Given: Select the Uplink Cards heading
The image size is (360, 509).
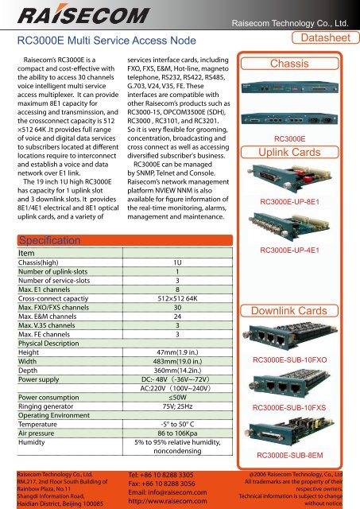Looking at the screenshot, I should click(x=296, y=151).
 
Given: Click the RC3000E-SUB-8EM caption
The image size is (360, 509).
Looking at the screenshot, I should click(x=296, y=455).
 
